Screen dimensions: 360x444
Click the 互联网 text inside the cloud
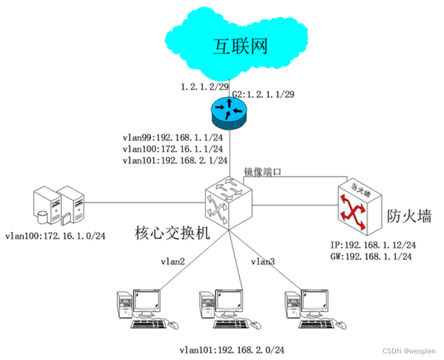click(x=240, y=46)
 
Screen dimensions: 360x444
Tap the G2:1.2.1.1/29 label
click(x=263, y=94)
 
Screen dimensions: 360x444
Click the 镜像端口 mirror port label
click(x=263, y=172)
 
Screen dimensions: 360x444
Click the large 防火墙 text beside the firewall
click(x=409, y=216)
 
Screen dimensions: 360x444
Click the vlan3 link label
click(x=263, y=261)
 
